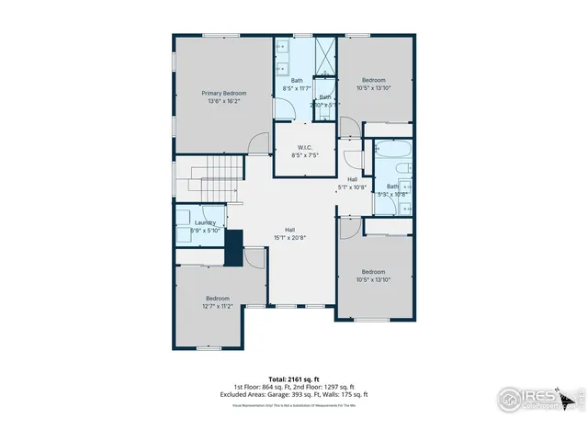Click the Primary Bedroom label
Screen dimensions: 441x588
coord(223,94)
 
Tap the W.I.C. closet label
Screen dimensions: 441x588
coord(306,148)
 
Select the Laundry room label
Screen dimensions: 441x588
coord(206,222)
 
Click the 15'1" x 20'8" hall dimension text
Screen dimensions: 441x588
coord(289,238)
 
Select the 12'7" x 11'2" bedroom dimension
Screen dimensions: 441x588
coord(217,306)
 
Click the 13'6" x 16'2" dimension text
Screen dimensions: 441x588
coord(223,102)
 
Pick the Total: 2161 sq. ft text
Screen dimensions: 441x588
coord(293,379)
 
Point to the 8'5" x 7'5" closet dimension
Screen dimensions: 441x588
coord(306,156)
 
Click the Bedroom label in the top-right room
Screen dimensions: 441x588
coord(372,80)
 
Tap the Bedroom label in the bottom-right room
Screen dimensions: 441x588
coord(372,271)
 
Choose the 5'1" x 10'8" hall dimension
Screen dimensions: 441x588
coord(353,187)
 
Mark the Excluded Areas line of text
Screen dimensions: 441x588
coord(293,393)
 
